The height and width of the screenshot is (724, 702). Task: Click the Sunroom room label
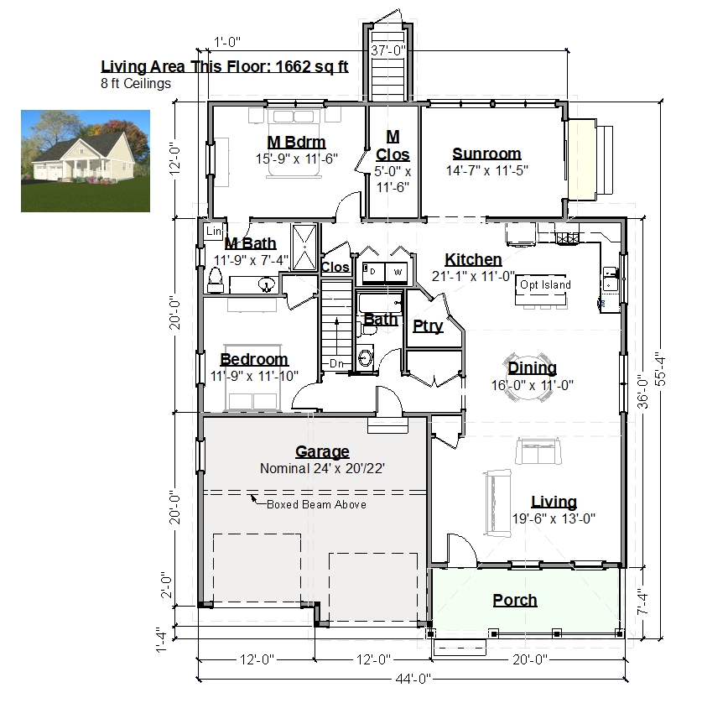click(486, 154)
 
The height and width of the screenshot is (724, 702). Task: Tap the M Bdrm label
click(296, 142)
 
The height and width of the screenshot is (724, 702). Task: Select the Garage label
click(322, 451)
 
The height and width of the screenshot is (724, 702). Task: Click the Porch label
click(515, 600)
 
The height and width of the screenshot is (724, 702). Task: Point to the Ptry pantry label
click(428, 326)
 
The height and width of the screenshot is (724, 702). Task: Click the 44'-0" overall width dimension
click(413, 679)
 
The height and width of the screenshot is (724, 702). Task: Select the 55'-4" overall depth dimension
click(660, 368)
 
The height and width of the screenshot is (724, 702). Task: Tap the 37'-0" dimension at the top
click(388, 50)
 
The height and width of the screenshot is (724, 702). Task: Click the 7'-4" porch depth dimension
click(642, 601)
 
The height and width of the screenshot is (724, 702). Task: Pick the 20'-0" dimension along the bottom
click(530, 659)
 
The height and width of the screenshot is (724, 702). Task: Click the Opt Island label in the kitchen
click(545, 285)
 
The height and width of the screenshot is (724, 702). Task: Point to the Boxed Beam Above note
click(317, 505)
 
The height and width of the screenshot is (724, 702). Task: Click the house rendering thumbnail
click(86, 161)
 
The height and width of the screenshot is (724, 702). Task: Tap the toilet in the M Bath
click(216, 280)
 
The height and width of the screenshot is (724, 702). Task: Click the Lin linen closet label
click(214, 231)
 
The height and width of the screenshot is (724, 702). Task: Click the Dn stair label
click(336, 364)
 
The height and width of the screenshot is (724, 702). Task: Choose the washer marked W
click(398, 273)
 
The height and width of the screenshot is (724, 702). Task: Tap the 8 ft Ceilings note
click(136, 84)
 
